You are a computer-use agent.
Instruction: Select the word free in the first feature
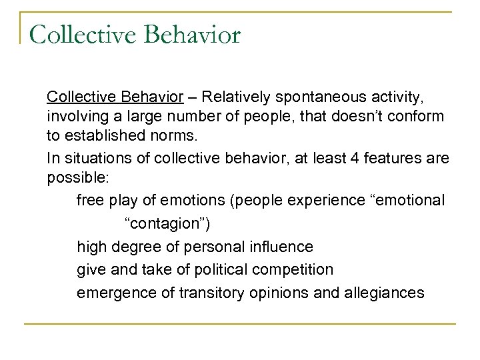[x=90, y=199]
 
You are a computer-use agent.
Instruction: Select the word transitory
[x=204, y=292]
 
